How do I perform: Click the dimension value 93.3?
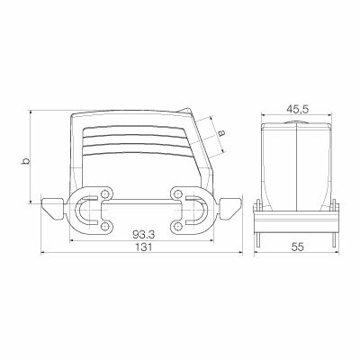coord(139,232)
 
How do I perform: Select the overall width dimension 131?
coord(139,253)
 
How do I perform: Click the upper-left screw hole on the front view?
coord(106,191)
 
